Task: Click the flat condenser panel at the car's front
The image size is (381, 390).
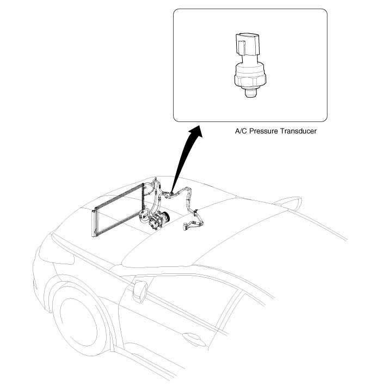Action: click(x=117, y=212)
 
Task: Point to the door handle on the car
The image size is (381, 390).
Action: click(x=192, y=337)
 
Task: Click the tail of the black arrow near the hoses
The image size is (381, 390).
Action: click(x=173, y=188)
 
